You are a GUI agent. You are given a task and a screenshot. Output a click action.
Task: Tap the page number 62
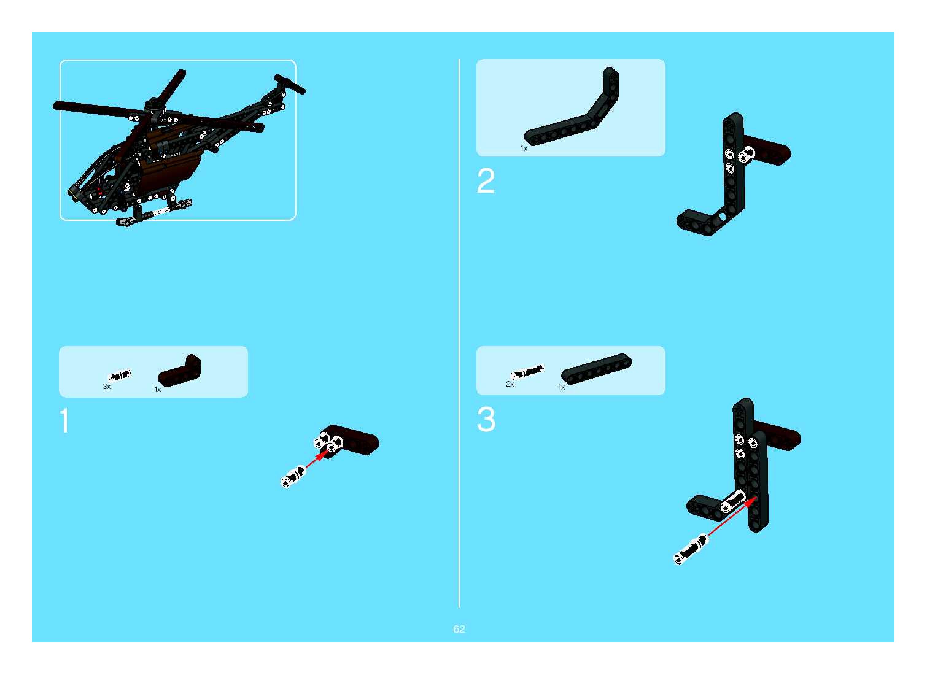(459, 629)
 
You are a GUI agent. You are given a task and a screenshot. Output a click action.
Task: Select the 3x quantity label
(107, 386)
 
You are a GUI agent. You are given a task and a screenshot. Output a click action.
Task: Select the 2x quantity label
(510, 384)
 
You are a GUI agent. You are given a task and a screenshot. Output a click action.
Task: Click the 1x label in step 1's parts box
(158, 389)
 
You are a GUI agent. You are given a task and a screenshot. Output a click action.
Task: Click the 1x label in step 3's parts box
(562, 387)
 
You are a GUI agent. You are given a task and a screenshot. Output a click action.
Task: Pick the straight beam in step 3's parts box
(596, 368)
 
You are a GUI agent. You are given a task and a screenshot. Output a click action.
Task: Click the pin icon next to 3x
(119, 376)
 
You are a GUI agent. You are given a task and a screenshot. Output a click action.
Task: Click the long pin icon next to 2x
(528, 372)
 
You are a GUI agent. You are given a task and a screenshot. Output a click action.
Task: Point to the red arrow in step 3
(732, 517)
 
